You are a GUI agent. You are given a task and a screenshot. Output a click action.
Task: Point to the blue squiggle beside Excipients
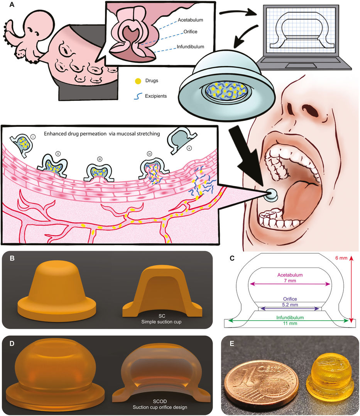[137, 96]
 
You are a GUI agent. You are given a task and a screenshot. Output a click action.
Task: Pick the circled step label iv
[150, 153]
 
